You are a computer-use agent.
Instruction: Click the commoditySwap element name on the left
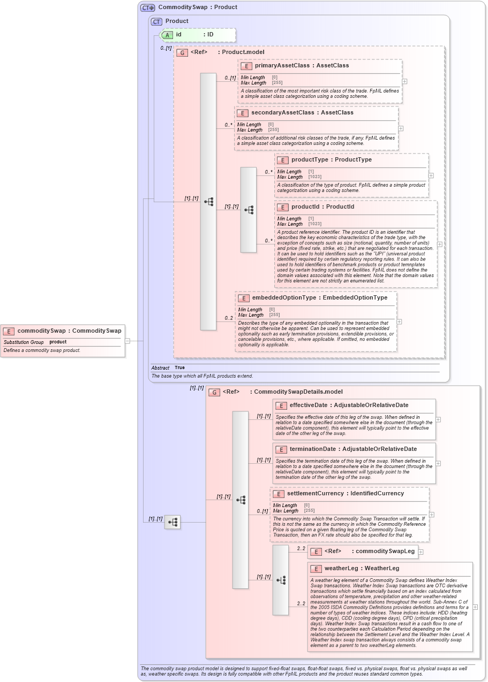point(69,331)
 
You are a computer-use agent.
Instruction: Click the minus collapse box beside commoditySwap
point(127,340)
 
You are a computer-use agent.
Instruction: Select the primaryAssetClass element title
point(302,65)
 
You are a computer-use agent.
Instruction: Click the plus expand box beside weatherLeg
point(475,607)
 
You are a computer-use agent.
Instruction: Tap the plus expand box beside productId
point(440,244)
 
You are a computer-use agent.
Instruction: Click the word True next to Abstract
point(179,367)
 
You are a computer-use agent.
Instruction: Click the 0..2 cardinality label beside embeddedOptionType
point(229,318)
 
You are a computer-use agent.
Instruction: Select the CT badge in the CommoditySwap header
point(147,7)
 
